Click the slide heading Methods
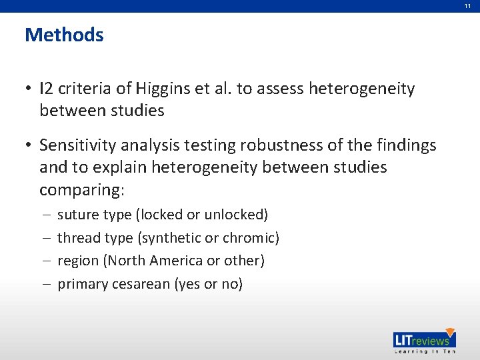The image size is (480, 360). click(64, 35)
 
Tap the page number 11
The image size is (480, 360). click(468, 5)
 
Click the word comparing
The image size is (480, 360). click(81, 190)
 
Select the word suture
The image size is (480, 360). click(76, 215)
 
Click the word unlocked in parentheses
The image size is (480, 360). click(235, 215)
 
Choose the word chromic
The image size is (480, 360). click(250, 237)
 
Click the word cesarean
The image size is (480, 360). click(140, 284)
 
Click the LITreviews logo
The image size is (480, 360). click(424, 338)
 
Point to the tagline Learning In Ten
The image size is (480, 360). click(424, 351)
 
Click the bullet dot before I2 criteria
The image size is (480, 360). click(29, 89)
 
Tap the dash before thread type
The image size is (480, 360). click(44, 238)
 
